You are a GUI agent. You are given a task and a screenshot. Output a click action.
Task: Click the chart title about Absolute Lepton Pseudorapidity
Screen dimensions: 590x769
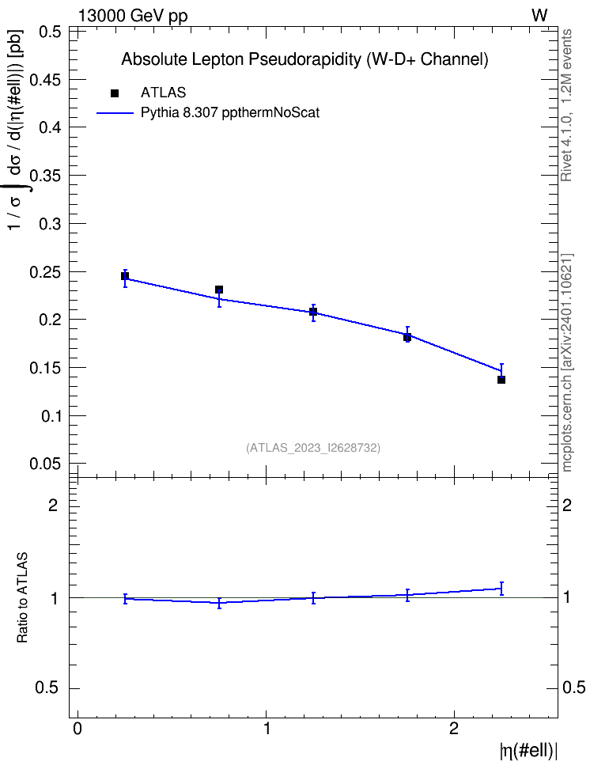click(x=304, y=59)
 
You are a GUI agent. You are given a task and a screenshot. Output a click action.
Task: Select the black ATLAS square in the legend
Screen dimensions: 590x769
click(x=115, y=93)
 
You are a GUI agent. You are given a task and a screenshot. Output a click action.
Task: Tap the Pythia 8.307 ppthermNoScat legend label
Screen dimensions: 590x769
click(x=230, y=113)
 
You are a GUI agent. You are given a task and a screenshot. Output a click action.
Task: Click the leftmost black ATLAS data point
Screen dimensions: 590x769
click(x=125, y=276)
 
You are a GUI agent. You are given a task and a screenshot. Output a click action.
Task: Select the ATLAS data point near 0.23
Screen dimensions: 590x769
click(x=219, y=290)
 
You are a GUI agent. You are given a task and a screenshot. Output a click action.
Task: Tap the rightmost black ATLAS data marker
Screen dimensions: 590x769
click(x=501, y=380)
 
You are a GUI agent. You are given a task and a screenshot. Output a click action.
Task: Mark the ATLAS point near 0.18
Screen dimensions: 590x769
click(x=407, y=337)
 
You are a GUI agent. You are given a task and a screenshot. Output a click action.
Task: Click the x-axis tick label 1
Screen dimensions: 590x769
click(x=267, y=729)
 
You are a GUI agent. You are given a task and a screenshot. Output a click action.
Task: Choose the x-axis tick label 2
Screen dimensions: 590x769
click(x=454, y=729)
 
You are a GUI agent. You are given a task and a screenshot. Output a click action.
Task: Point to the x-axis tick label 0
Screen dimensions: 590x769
click(x=78, y=729)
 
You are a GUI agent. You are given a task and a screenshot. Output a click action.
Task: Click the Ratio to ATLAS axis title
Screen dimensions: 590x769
click(x=22, y=598)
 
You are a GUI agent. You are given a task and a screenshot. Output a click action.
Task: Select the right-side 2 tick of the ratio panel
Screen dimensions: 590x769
click(x=567, y=505)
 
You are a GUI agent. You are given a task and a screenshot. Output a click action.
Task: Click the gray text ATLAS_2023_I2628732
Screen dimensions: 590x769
click(x=313, y=448)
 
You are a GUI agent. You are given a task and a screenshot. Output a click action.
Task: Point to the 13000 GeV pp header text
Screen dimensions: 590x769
click(x=133, y=16)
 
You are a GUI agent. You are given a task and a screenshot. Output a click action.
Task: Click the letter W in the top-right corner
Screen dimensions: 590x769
click(x=539, y=15)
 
